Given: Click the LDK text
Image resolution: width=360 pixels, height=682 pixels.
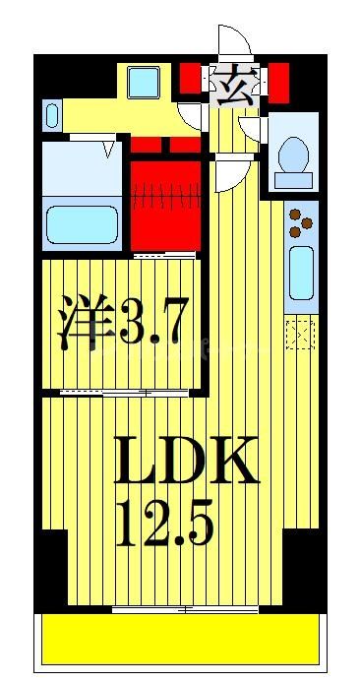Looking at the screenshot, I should click(186, 460).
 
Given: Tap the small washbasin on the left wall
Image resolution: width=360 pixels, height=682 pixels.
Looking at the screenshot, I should click(53, 115).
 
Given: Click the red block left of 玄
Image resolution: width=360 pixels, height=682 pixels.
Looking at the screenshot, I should click(191, 76).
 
